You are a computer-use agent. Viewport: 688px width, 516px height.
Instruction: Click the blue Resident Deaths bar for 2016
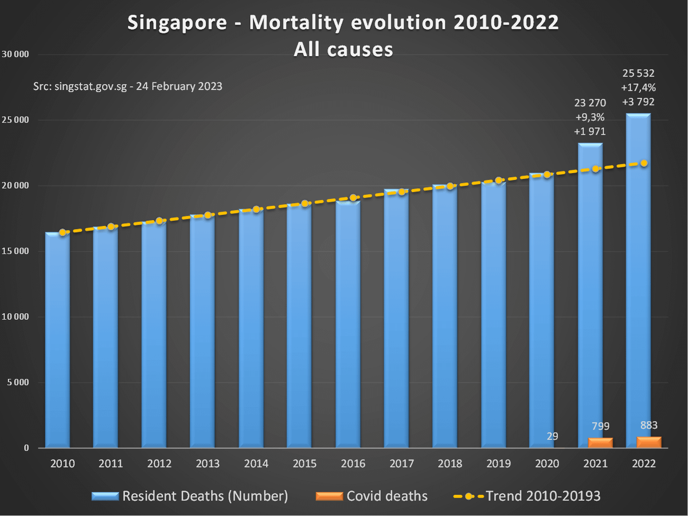tap(348, 324)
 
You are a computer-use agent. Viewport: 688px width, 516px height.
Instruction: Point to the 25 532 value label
tap(638, 73)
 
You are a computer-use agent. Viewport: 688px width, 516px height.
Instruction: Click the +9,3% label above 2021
tap(589, 117)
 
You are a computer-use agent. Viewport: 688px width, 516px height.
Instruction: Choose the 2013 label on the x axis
tap(208, 463)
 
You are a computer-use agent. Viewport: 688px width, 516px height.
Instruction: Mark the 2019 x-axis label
tap(499, 463)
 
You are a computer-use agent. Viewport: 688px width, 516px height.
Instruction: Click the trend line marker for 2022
tap(644, 163)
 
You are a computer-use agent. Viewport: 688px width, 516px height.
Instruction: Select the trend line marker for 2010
tap(62, 232)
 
